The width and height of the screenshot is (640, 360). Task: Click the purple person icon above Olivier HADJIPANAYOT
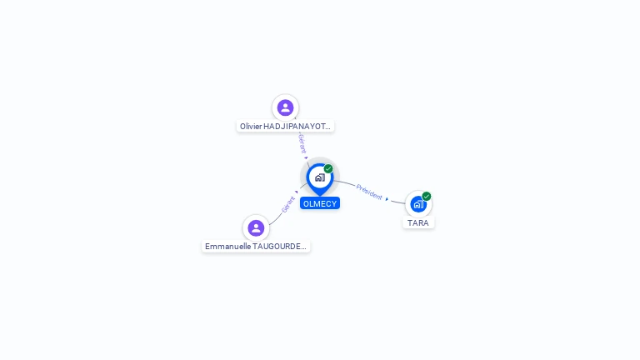pos(285,107)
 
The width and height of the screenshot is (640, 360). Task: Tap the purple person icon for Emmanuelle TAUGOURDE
pos(256,227)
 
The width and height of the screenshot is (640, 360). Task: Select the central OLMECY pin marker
pos(319,177)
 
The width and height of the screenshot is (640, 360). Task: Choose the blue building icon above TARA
pos(417,204)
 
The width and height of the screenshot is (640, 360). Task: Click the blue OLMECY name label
pos(320,203)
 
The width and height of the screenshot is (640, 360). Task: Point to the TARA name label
pos(418,223)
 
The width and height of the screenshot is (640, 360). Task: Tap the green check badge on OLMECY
pos(328,169)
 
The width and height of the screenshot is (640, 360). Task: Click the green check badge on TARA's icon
pos(427,197)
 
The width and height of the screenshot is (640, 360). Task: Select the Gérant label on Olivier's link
pos(302,142)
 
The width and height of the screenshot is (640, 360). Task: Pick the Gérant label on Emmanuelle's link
pos(288,204)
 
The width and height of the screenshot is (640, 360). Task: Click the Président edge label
pos(369,192)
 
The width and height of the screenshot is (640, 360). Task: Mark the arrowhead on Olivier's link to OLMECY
pos(306,157)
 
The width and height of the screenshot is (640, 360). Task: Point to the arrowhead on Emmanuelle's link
pos(297,192)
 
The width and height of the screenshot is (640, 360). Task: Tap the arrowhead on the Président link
pos(387,199)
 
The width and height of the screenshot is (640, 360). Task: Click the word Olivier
pos(251,127)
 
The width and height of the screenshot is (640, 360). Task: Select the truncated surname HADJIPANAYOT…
pos(298,127)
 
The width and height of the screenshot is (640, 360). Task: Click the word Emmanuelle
pos(227,247)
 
